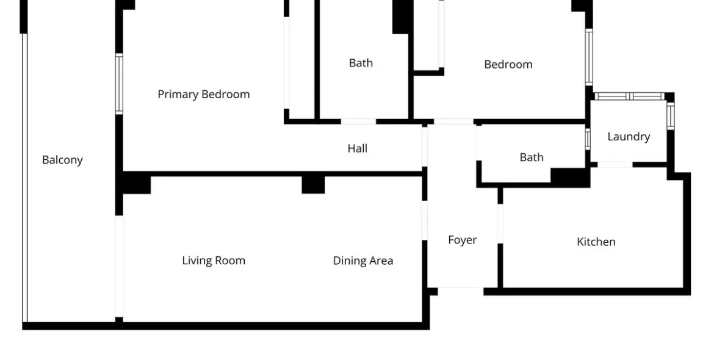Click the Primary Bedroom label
tap(203, 94)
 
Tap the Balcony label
tap(62, 160)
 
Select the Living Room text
tap(214, 261)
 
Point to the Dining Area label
tap(363, 261)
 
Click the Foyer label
tap(462, 240)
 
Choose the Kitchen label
tap(596, 242)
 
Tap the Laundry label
tap(628, 137)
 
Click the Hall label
tap(357, 148)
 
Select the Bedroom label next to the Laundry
tap(508, 64)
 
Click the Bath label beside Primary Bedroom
tap(361, 63)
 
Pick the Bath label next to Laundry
tap(531, 157)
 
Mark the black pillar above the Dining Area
tap(313, 184)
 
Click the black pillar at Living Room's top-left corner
tap(135, 184)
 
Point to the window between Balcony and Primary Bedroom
tap(119, 84)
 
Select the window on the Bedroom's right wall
tap(589, 57)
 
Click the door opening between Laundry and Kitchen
tap(615, 164)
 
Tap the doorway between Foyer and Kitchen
tap(500, 223)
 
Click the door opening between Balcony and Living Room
tap(119, 266)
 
